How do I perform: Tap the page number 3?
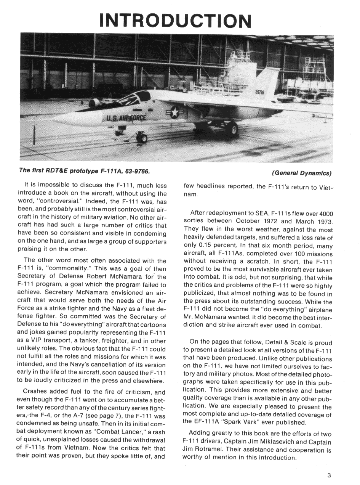329,475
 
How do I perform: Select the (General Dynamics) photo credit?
302,173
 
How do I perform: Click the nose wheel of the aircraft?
142,138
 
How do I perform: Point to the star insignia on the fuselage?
175,112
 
